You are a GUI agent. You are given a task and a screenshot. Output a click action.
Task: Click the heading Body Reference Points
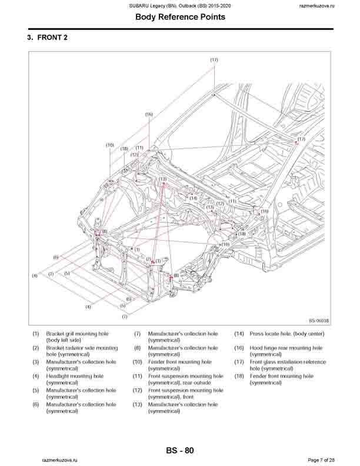tap(180, 17)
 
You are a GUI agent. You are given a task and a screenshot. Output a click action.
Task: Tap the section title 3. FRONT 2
tap(51, 38)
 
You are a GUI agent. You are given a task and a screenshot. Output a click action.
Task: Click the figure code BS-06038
tap(319, 321)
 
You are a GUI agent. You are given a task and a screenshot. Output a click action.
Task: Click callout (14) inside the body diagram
tap(193, 198)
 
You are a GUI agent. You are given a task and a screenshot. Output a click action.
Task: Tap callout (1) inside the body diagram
tap(136, 249)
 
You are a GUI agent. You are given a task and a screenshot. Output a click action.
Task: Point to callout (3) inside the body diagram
tap(158, 261)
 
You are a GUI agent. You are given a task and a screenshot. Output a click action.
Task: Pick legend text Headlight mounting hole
tap(75, 376)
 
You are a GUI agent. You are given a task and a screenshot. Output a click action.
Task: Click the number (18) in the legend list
tap(239, 376)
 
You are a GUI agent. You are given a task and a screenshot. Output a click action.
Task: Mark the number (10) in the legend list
tap(137, 362)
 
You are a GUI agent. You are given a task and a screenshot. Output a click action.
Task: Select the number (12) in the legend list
tap(137, 390)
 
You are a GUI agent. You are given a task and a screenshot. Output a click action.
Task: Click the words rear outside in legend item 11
tap(200, 382)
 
